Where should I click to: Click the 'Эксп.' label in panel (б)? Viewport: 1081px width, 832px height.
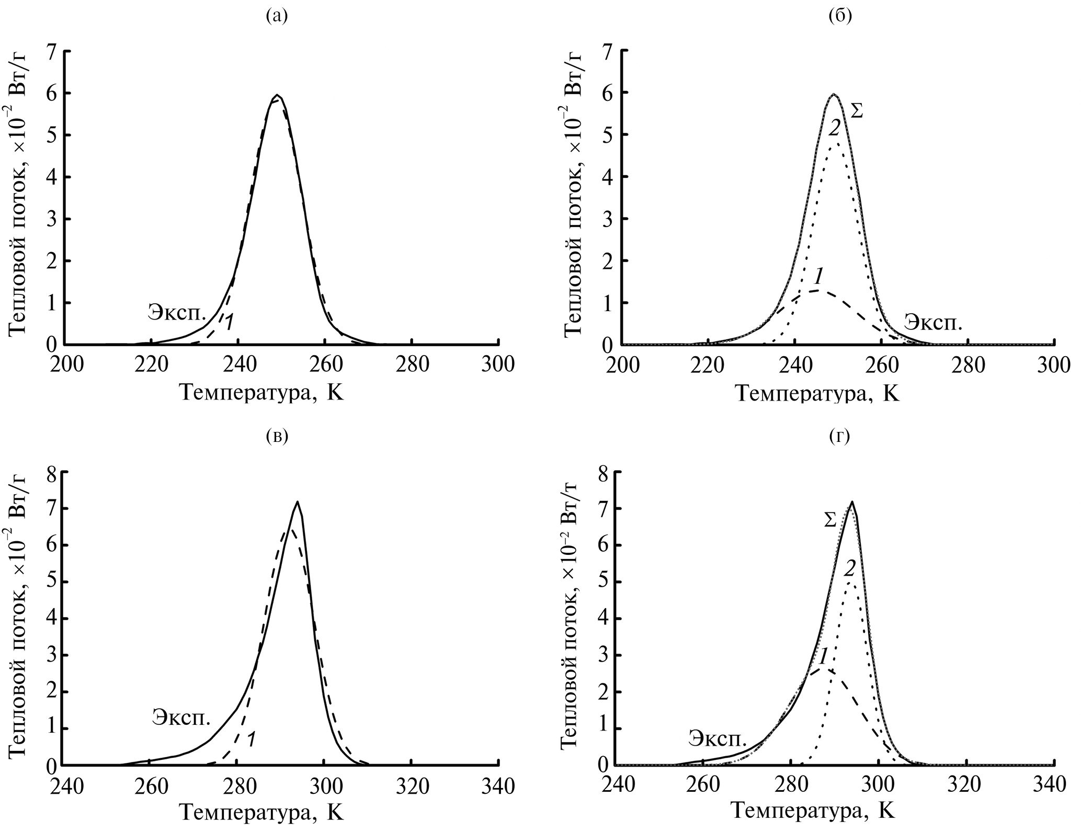point(933,322)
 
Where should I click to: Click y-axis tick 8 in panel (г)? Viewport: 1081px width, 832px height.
point(605,472)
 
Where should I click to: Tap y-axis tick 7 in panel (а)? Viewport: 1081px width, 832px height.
point(51,51)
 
